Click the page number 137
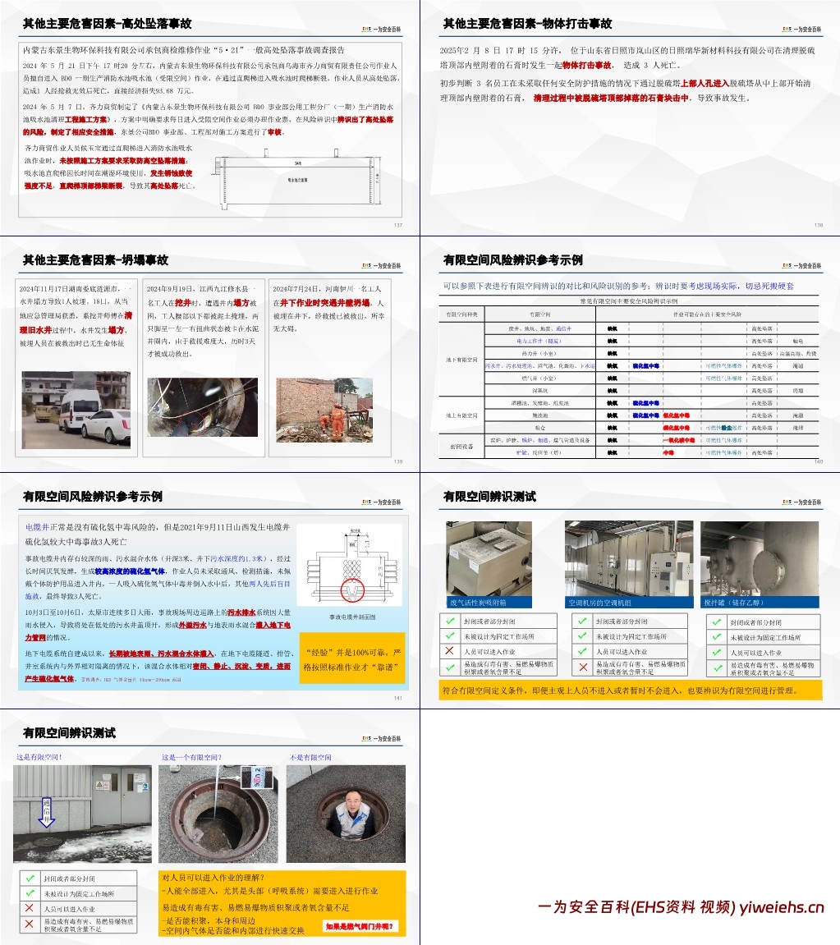(398, 225)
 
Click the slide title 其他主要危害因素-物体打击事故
(527, 24)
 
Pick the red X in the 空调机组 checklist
(582, 667)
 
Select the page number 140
(818, 461)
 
